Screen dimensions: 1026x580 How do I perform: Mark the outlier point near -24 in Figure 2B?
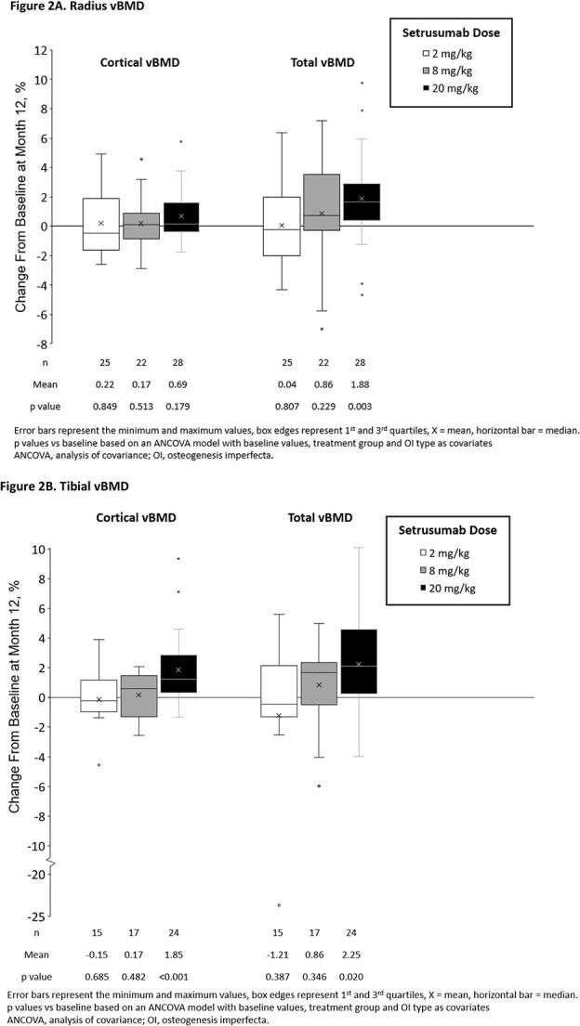[279, 904]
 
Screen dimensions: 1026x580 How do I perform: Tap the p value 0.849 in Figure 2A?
[100, 406]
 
